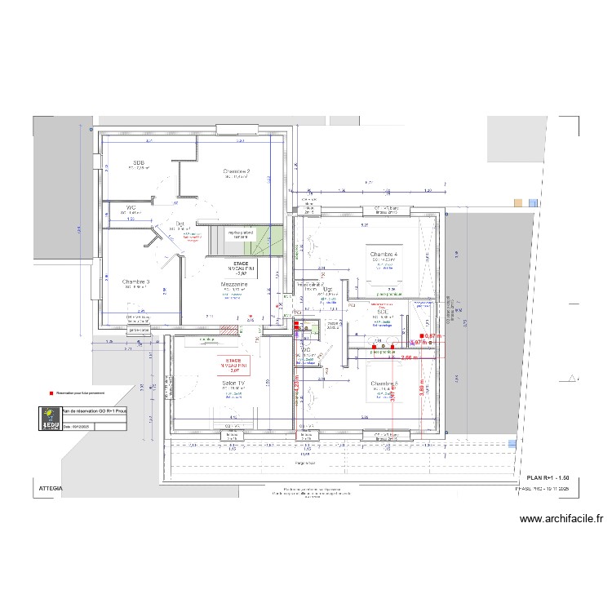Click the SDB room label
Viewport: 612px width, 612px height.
point(139,162)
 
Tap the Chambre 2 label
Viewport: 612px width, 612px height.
point(236,171)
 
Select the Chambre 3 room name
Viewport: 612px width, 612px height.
point(136,282)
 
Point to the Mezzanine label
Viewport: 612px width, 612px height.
point(234,285)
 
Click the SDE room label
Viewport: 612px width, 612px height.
point(381,311)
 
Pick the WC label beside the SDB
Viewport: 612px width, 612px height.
point(131,207)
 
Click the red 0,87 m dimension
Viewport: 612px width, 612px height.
point(432,335)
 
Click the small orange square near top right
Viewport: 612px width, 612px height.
point(517,202)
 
